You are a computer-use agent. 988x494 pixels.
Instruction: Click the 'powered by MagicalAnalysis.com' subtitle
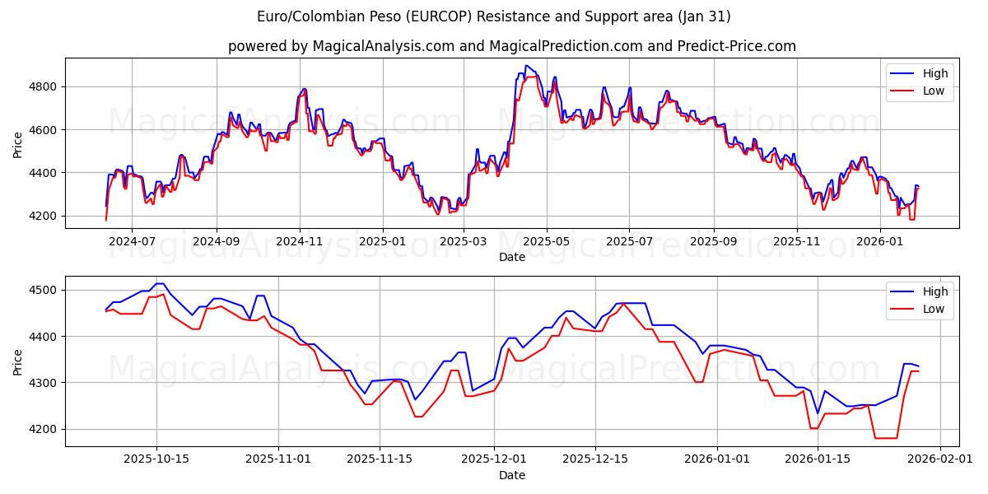(511, 46)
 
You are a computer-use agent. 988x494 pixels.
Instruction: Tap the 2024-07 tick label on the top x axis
(133, 241)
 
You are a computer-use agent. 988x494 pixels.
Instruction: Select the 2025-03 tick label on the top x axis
(464, 241)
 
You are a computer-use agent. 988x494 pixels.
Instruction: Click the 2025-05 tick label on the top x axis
(548, 241)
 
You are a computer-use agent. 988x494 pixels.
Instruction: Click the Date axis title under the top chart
(511, 257)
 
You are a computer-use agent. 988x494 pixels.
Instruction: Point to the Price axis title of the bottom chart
(18, 361)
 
